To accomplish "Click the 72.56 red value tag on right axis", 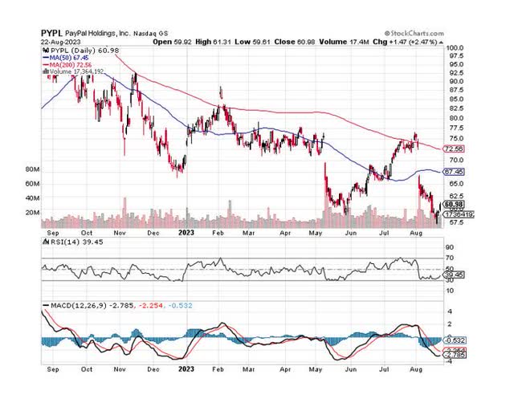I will click(x=457, y=149).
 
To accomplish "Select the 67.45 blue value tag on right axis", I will click(x=457, y=172).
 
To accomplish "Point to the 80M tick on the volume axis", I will click(x=33, y=170).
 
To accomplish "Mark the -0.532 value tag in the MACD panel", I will click(x=457, y=340).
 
